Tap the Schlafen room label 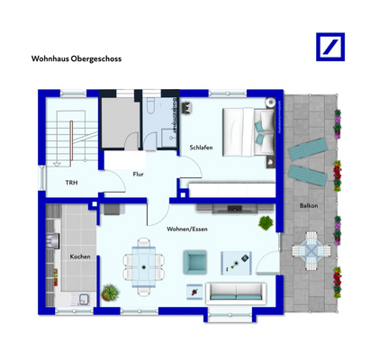coord(201,148)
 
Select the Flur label coord(139,174)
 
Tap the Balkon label coord(308,206)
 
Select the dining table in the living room coord(142,261)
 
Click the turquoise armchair coord(195,262)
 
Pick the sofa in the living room coord(235,292)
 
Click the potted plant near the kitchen coord(111,292)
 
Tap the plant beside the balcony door coord(266,222)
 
